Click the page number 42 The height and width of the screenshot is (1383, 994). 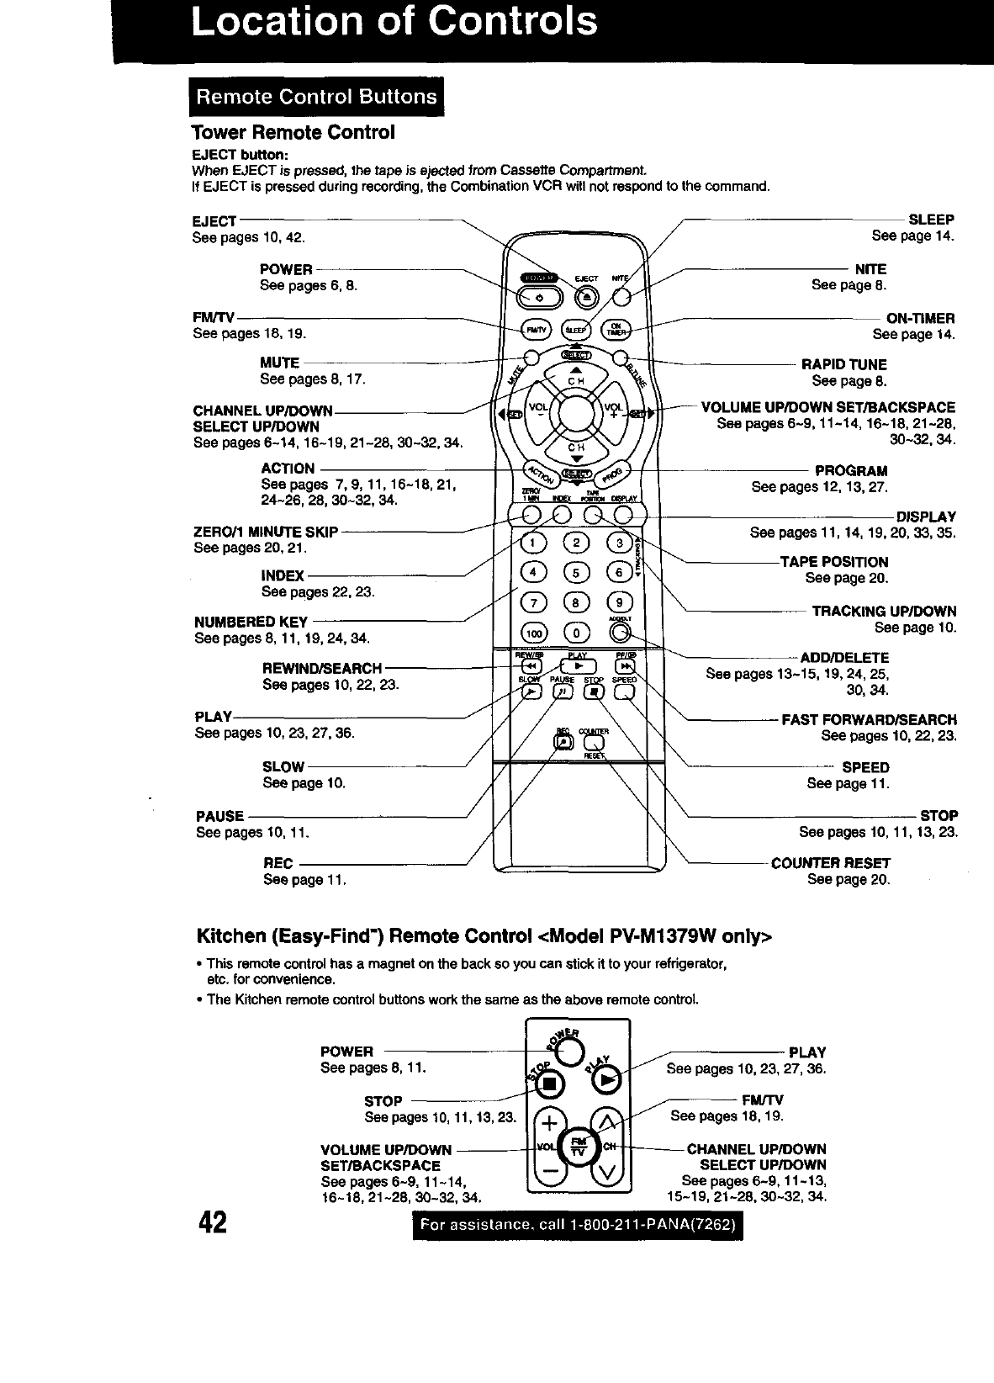(210, 1221)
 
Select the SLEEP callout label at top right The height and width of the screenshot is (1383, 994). (932, 220)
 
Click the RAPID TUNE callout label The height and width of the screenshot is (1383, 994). (843, 364)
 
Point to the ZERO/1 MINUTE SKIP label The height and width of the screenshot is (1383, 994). (266, 532)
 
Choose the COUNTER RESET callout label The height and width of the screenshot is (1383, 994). (831, 862)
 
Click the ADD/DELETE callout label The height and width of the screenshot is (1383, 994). (844, 657)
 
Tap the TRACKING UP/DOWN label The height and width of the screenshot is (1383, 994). (884, 612)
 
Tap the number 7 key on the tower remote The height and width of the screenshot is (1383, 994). (533, 601)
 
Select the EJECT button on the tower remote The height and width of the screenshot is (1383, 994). (588, 297)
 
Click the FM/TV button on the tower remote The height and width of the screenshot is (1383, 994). (533, 330)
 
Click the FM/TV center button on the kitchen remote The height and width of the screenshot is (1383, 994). (577, 1146)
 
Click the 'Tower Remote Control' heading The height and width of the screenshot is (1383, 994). (293, 133)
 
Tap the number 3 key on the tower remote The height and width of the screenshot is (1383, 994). (619, 543)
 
